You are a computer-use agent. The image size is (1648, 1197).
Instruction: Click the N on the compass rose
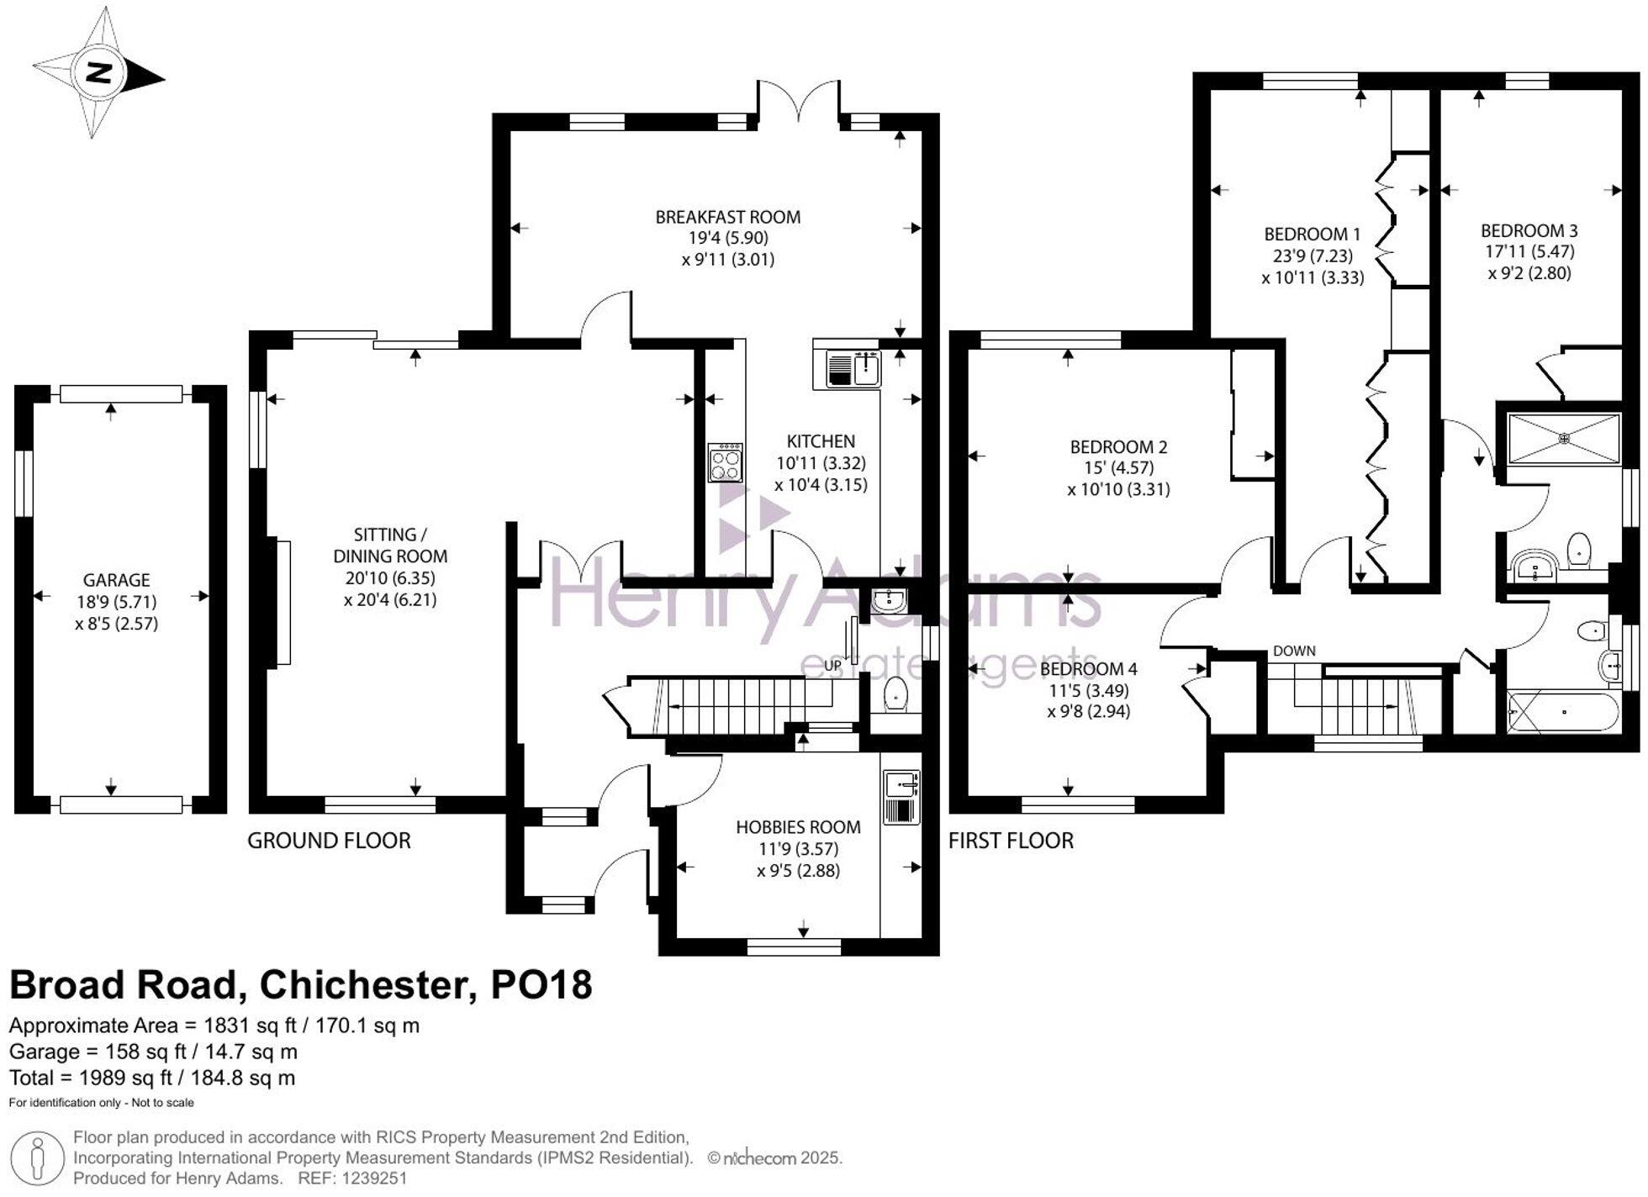click(100, 73)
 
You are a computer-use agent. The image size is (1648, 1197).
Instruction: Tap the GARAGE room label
click(116, 580)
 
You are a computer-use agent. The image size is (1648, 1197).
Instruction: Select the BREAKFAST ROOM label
click(727, 217)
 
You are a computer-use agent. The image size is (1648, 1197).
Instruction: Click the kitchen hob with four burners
click(725, 462)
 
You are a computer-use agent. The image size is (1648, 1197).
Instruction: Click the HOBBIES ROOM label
click(798, 827)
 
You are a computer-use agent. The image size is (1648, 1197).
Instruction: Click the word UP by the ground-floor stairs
click(832, 665)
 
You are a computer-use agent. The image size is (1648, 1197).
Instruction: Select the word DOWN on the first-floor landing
click(1294, 651)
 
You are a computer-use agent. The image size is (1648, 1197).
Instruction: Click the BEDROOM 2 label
click(1118, 446)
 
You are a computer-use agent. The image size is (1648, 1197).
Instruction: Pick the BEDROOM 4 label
click(1088, 669)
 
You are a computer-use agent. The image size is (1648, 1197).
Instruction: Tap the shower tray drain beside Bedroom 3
click(1565, 438)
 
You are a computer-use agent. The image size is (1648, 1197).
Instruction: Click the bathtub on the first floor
click(1563, 712)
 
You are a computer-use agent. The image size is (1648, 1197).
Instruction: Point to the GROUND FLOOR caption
click(329, 841)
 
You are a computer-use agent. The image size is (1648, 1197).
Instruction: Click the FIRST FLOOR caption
click(1011, 841)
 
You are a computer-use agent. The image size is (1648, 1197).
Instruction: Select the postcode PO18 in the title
click(541, 984)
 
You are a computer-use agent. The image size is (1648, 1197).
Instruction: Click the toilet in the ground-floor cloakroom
click(895, 695)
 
